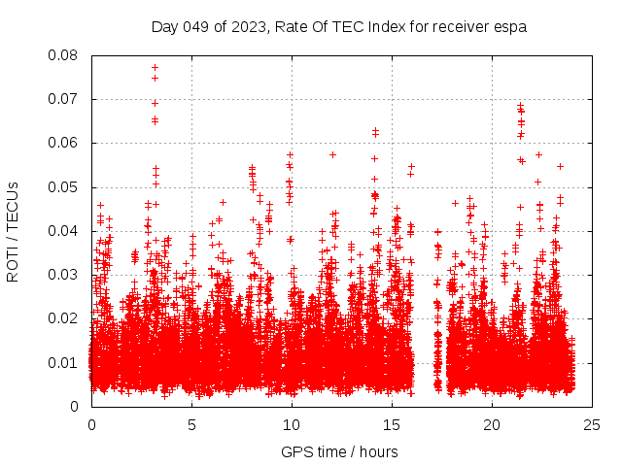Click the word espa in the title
pos(511,26)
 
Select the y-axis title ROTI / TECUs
pos(13,231)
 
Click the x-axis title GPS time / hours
pos(339,451)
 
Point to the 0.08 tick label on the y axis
pos(65,55)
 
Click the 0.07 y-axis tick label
pos(65,99)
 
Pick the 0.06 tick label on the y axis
pos(65,143)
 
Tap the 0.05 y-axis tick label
pos(65,186)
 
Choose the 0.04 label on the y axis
pos(65,231)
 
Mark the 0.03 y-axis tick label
pos(65,275)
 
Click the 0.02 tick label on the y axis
pos(65,318)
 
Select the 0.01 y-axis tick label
pos(65,362)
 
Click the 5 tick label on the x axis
pos(191,424)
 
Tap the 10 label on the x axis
pos(292,424)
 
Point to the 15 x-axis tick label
pos(392,424)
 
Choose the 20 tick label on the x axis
pos(492,424)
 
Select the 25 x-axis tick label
pos(592,424)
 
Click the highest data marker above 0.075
pos(155,68)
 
